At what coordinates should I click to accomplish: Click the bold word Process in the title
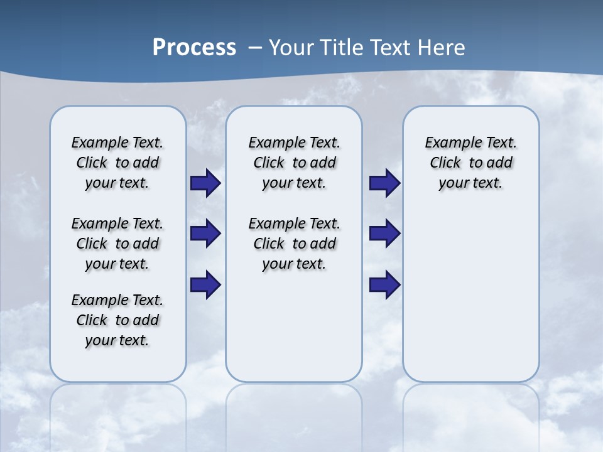[194, 48]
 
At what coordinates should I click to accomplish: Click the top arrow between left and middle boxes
[205, 183]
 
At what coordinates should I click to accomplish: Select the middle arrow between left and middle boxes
[205, 234]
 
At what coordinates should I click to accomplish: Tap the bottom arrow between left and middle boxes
[205, 285]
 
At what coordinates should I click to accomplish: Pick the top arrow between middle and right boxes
[384, 183]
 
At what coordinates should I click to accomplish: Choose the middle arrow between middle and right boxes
[384, 234]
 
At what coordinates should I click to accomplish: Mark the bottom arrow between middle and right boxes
[384, 285]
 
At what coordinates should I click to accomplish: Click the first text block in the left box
[117, 163]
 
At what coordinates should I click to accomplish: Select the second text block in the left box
[117, 244]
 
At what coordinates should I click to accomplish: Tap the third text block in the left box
[117, 320]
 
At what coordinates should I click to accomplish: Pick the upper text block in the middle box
[294, 163]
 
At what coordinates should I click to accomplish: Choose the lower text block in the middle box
[294, 244]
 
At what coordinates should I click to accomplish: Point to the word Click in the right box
[445, 163]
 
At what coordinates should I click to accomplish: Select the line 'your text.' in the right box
[470, 183]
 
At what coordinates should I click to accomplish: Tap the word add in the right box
[500, 163]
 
